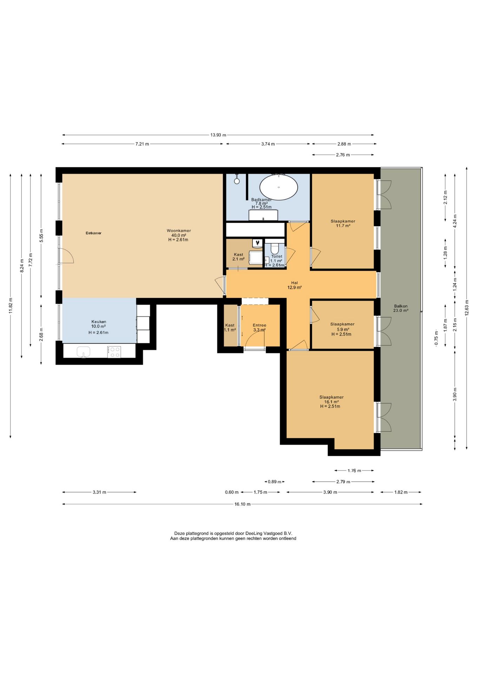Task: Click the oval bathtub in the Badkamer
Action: (x=279, y=187)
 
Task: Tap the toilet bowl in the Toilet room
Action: (x=275, y=249)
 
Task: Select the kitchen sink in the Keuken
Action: (x=83, y=351)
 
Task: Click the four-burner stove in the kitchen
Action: (x=114, y=352)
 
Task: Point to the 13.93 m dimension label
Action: (x=218, y=135)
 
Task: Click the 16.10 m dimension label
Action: (x=242, y=504)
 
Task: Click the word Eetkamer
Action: (x=93, y=233)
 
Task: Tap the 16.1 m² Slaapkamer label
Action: (x=331, y=402)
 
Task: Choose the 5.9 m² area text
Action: (x=343, y=330)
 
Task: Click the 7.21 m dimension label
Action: (x=142, y=144)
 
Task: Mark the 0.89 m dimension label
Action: (x=274, y=482)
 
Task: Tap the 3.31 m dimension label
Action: (x=99, y=492)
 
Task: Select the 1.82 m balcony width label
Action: (x=401, y=492)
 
